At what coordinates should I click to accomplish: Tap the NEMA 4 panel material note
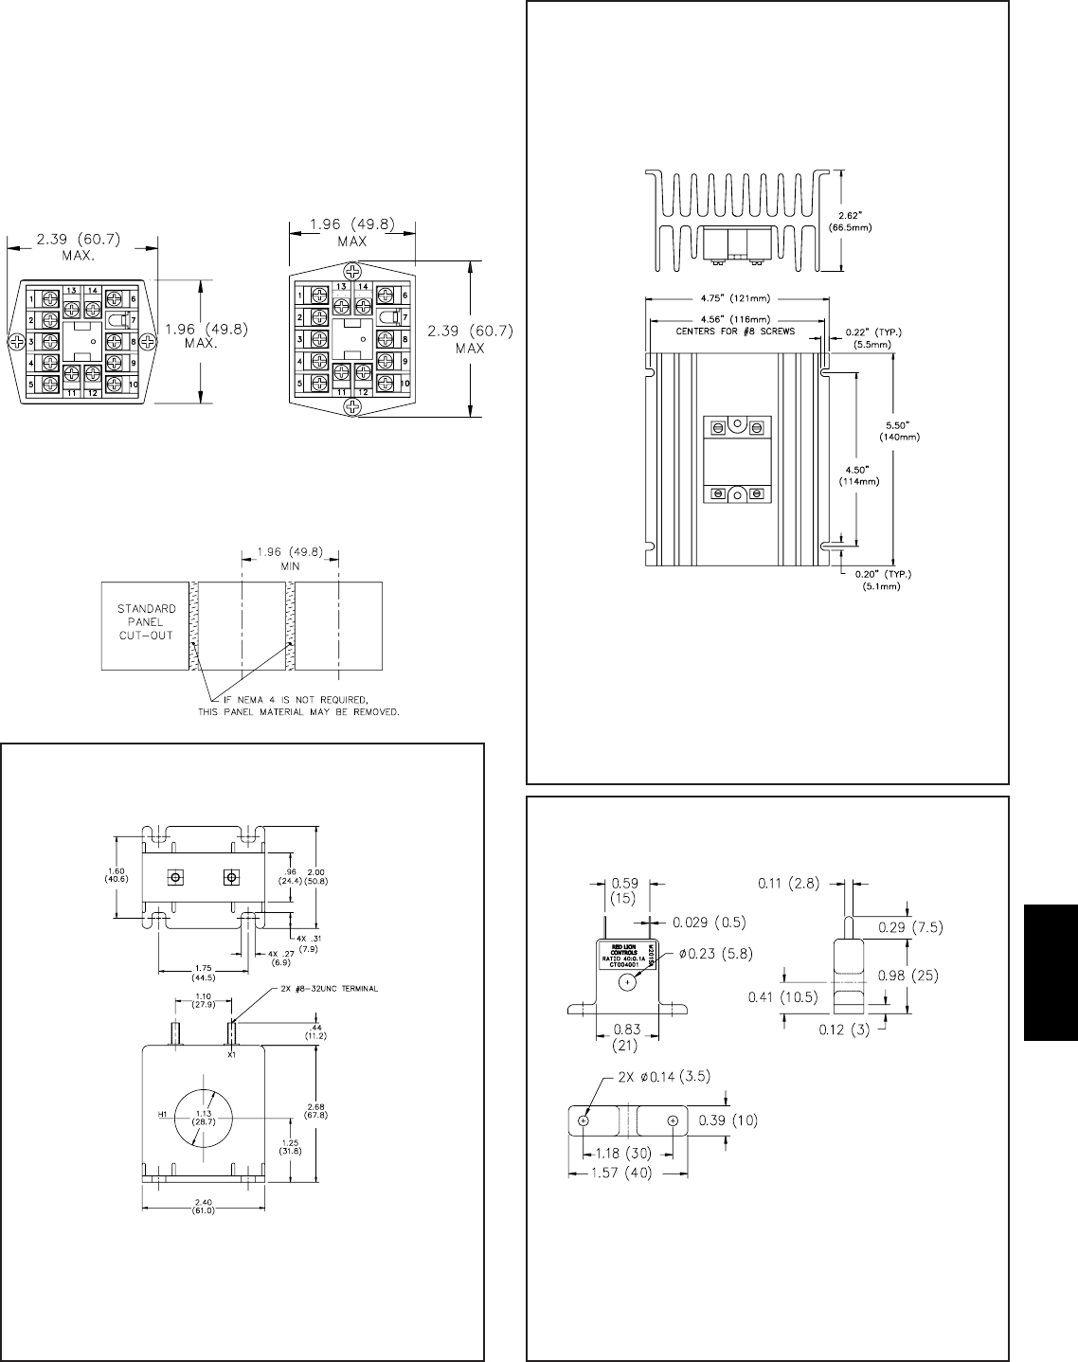point(298,706)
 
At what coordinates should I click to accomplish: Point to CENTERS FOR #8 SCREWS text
point(736,332)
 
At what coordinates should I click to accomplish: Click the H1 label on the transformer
point(162,1114)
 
